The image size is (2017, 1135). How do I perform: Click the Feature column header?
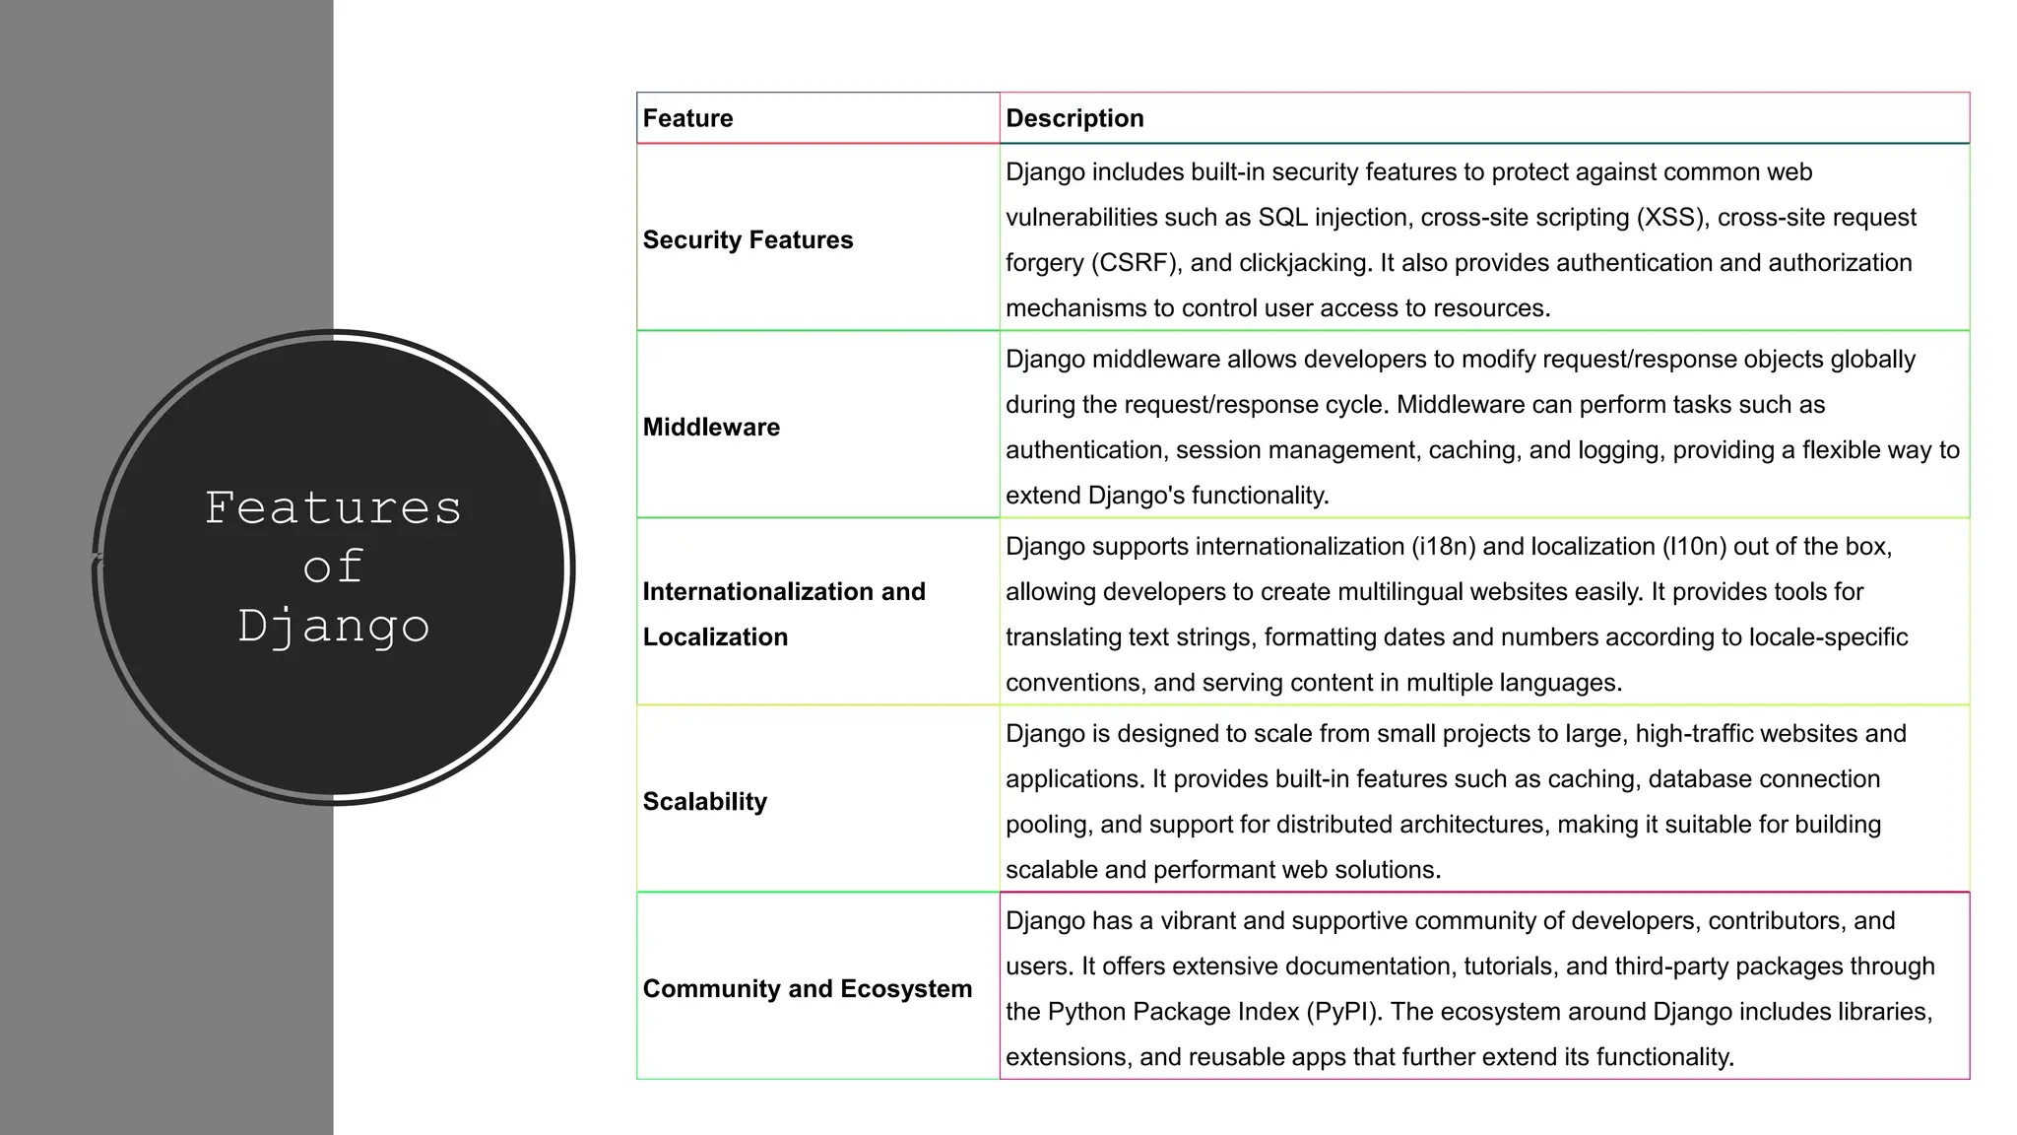[687, 118]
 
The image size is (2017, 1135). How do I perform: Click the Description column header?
[1074, 118]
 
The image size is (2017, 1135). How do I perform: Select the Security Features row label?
[748, 239]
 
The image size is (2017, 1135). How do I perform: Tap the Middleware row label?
[711, 427]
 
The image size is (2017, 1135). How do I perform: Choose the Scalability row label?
[704, 801]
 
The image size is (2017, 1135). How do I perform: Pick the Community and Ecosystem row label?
[807, 988]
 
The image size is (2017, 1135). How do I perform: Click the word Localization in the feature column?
[715, 636]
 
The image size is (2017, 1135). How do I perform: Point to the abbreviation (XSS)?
[1670, 217]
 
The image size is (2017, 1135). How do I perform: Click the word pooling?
[1046, 824]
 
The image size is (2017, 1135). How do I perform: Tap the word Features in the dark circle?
[333, 508]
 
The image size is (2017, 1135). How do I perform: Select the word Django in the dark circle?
[333, 627]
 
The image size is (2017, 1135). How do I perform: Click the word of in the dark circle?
[333, 567]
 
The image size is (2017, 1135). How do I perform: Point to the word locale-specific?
[1828, 636]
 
